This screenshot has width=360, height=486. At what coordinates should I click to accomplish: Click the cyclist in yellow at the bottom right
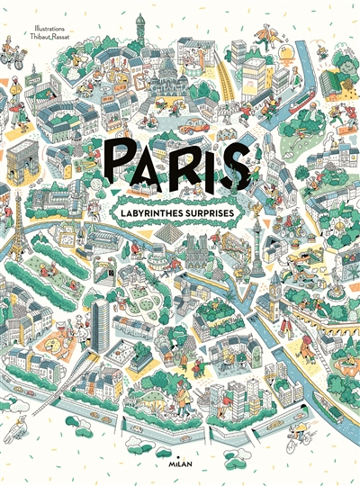[x=296, y=440]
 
